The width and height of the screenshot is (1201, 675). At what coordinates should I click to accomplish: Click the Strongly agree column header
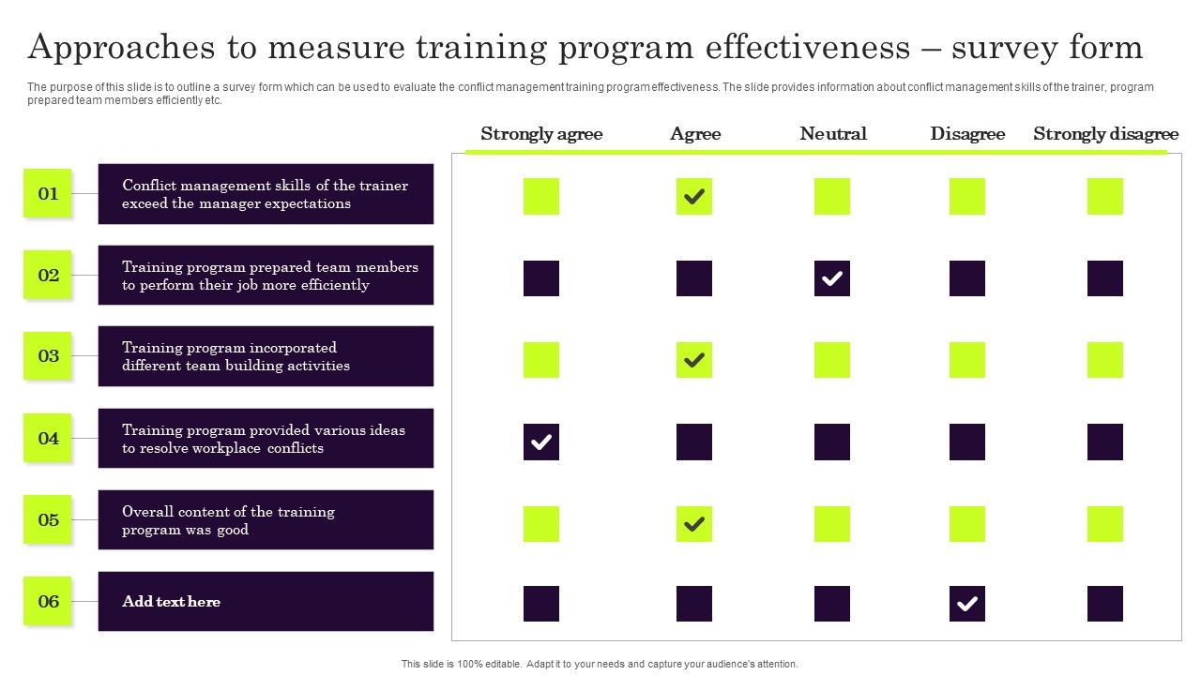pyautogui.click(x=541, y=134)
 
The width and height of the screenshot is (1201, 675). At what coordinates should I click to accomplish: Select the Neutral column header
pyautogui.click(x=833, y=134)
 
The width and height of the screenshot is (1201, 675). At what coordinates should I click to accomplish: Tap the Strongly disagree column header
pyautogui.click(x=1105, y=134)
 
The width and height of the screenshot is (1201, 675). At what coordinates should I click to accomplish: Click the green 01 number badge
pyautogui.click(x=48, y=194)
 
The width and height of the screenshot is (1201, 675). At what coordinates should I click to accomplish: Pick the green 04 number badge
pyautogui.click(x=48, y=438)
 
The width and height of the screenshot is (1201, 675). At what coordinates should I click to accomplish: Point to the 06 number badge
pyautogui.click(x=48, y=602)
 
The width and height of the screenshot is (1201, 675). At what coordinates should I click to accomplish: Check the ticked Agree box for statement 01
pyautogui.click(x=694, y=197)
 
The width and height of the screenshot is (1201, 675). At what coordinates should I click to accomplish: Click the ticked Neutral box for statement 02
pyautogui.click(x=832, y=278)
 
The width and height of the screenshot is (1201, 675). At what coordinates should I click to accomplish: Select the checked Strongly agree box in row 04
pyautogui.click(x=541, y=442)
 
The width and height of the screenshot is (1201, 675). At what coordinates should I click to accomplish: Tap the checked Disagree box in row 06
pyautogui.click(x=967, y=604)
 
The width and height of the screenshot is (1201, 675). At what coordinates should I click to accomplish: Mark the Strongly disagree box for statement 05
pyautogui.click(x=1105, y=524)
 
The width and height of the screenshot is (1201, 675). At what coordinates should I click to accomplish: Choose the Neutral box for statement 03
pyautogui.click(x=832, y=360)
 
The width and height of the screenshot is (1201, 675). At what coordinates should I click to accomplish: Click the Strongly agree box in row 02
pyautogui.click(x=541, y=278)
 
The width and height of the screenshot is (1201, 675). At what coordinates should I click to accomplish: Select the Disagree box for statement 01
pyautogui.click(x=967, y=197)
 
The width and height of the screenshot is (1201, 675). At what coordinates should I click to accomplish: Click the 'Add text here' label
pyautogui.click(x=172, y=602)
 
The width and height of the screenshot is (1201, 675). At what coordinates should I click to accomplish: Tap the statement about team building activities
pyautogui.click(x=236, y=357)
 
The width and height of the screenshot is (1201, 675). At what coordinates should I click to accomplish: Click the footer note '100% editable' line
pyautogui.click(x=600, y=664)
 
